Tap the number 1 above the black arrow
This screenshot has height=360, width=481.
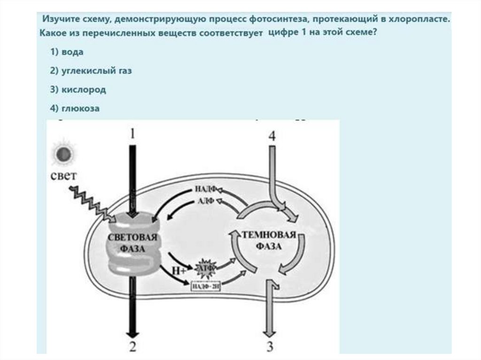coord(132,134)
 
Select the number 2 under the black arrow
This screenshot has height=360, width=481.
coord(132,347)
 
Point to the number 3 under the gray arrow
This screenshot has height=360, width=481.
coord(270,347)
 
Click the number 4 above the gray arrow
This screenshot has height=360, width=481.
coord(272,135)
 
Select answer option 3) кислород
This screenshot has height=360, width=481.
coord(78,90)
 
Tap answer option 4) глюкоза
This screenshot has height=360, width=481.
coord(75,108)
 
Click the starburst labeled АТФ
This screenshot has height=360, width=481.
coord(206,267)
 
